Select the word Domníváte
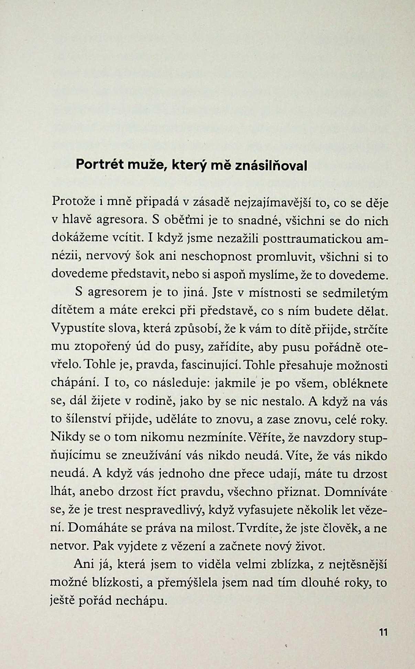click(356, 492)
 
